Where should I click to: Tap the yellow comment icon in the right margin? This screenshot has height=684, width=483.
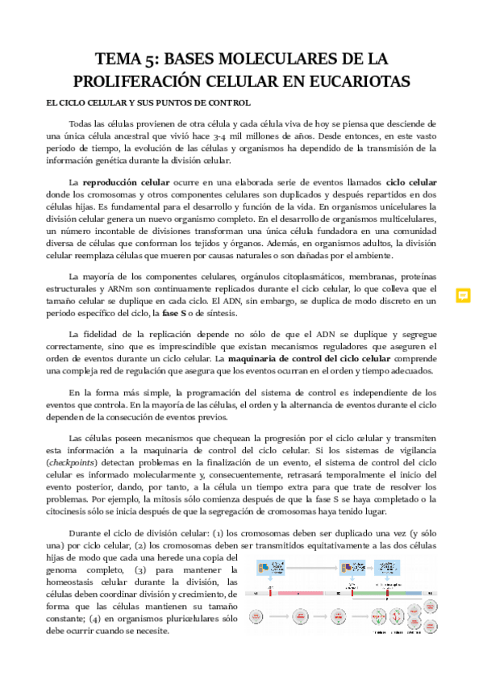tap(463, 295)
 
